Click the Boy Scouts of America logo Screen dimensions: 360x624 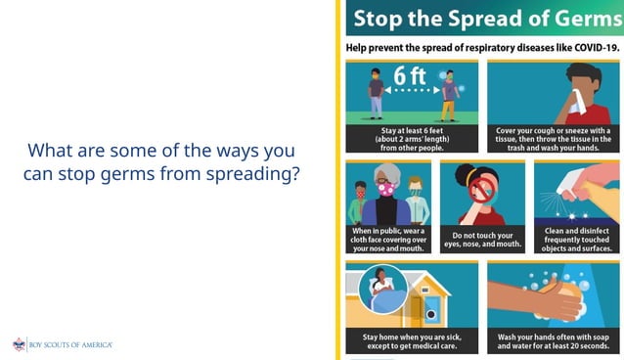(x=63, y=344)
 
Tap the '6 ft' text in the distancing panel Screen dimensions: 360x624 (x=408, y=75)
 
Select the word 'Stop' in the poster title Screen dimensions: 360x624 (x=380, y=19)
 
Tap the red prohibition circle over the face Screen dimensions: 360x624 (x=478, y=190)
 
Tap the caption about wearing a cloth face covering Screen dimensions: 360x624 (x=388, y=237)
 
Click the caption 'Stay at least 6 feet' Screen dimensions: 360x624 (x=412, y=139)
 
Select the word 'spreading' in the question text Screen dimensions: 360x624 (x=263, y=174)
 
